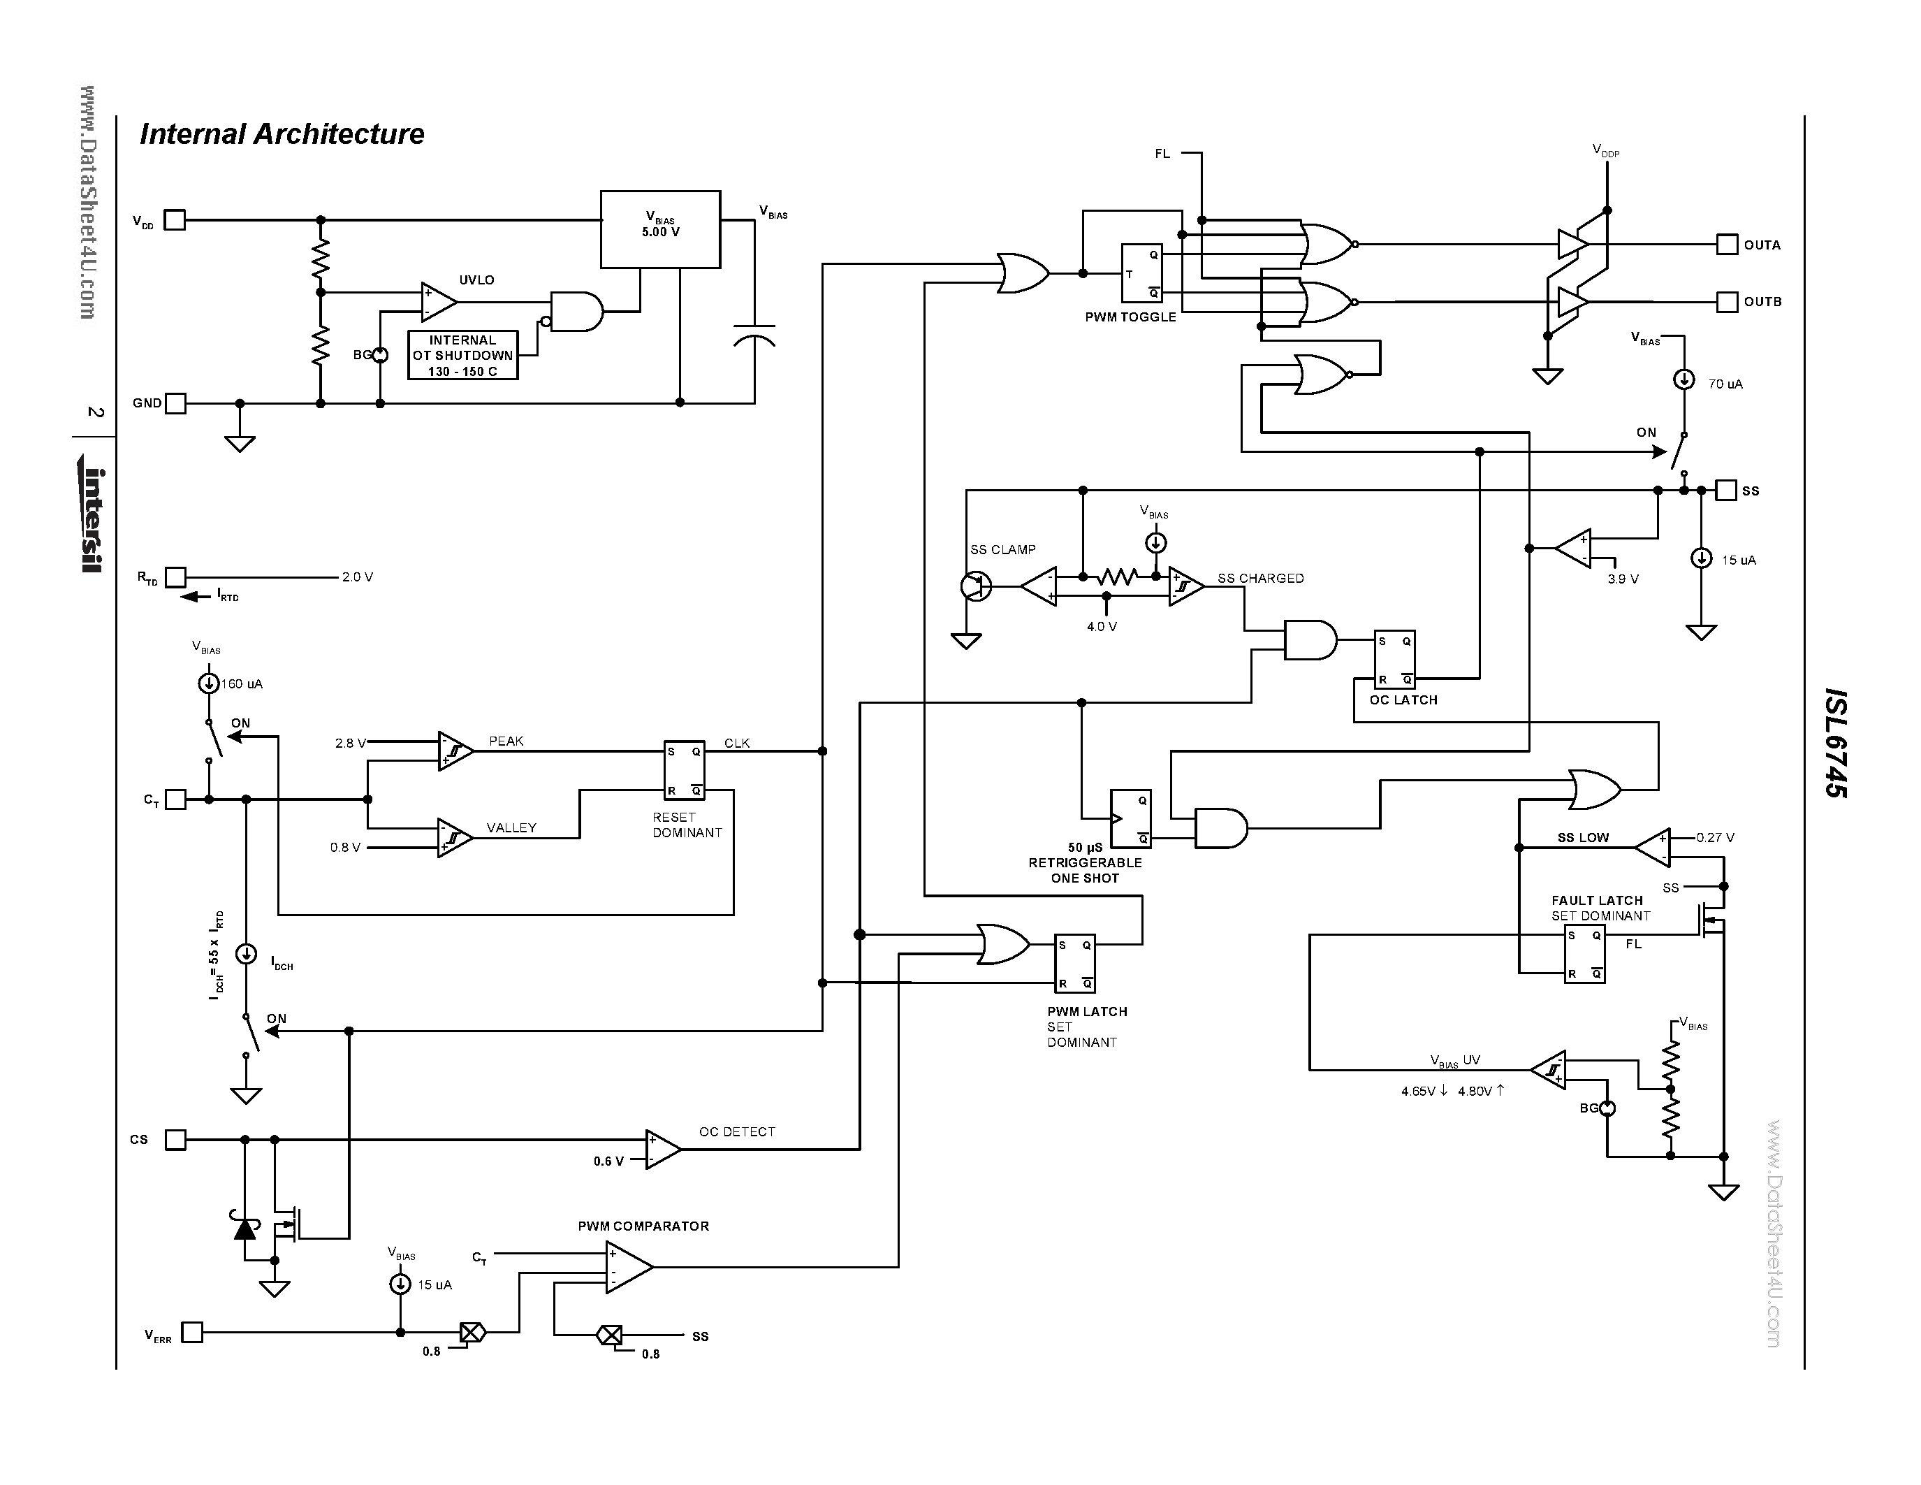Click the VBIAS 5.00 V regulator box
click(659, 230)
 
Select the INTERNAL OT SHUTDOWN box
click(462, 356)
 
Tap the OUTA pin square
click(1727, 245)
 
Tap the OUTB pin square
click(1727, 302)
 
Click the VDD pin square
click(175, 220)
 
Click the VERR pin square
click(191, 1332)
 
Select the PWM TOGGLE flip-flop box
click(1141, 274)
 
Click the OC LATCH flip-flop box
click(1394, 660)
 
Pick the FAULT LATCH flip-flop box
click(1584, 955)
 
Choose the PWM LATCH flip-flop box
click(1075, 963)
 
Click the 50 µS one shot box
click(1130, 818)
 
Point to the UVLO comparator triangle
click(438, 302)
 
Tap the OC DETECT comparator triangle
click(662, 1149)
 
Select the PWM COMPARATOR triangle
click(628, 1267)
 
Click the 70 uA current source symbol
click(1683, 379)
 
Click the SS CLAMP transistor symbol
click(974, 586)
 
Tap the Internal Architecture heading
click(282, 133)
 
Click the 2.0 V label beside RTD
click(357, 577)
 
